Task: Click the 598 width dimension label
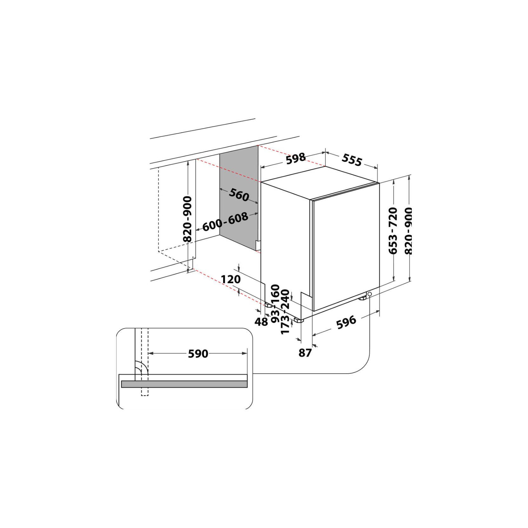(x=296, y=158)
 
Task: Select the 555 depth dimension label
(x=352, y=160)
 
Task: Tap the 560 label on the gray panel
(x=239, y=195)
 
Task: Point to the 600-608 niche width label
(x=225, y=221)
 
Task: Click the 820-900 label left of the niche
(x=187, y=219)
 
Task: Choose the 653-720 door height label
(x=393, y=231)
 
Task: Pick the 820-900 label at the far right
(x=409, y=231)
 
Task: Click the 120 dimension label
(x=231, y=279)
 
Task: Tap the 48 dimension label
(x=261, y=322)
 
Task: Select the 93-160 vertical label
(x=275, y=304)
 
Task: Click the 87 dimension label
(x=305, y=353)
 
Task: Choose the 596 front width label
(x=346, y=322)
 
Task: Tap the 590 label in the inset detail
(x=198, y=354)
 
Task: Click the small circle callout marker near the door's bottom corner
(x=370, y=294)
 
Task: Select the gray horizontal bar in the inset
(x=184, y=384)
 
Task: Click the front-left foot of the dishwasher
(x=298, y=320)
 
